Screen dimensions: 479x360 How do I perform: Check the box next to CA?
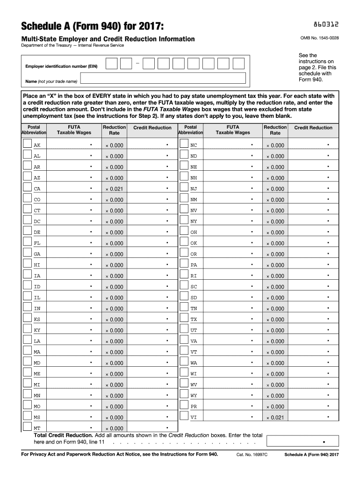click(x=27, y=188)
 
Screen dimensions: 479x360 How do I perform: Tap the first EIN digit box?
click(x=111, y=64)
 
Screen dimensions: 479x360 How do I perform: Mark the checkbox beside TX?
click(x=184, y=319)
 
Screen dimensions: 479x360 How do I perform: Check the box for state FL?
click(x=27, y=242)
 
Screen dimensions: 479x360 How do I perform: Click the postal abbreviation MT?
click(x=37, y=428)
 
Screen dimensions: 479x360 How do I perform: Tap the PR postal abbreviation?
click(x=194, y=406)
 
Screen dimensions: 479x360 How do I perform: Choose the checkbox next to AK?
click(x=27, y=145)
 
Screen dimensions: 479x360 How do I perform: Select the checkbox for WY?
click(x=184, y=395)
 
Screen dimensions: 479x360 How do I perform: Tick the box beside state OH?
click(x=184, y=232)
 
